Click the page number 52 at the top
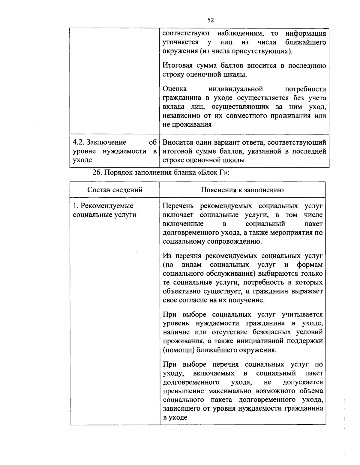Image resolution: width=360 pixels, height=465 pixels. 210,20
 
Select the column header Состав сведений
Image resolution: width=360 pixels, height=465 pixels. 115,190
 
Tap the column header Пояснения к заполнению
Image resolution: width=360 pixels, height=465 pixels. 242,190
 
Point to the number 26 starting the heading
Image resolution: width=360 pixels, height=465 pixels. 96,173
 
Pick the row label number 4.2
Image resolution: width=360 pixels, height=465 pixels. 79,142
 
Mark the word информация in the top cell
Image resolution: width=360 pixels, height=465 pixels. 305,33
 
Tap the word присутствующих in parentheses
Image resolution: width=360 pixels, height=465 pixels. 266,51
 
